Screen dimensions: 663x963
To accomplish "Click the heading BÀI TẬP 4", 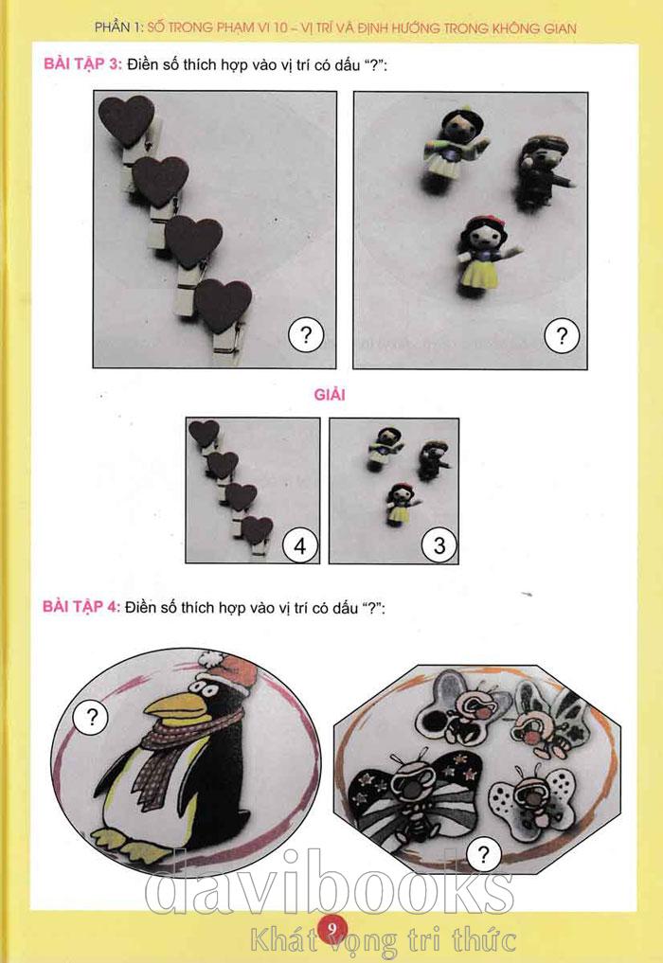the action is (x=81, y=607).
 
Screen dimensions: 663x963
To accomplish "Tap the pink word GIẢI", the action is (x=330, y=394).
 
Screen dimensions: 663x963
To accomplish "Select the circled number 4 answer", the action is (x=300, y=545).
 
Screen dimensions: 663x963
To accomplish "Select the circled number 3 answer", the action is (x=439, y=545).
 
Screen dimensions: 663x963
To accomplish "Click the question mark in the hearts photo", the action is (x=305, y=334).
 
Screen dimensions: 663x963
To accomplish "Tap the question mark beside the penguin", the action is (x=92, y=716).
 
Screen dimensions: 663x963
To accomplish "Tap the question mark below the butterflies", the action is (x=484, y=854).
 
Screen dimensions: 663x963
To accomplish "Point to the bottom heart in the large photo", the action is (x=223, y=305).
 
